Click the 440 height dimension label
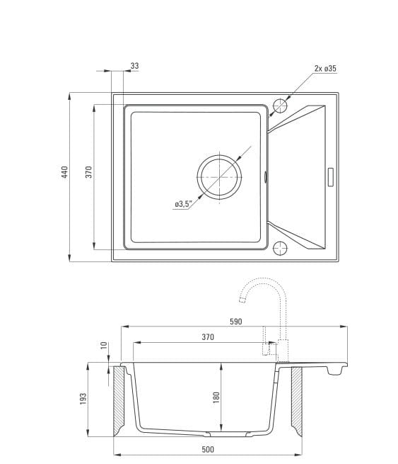64,172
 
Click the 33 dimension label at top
134,66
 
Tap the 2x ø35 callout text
325,68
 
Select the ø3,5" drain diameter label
183,204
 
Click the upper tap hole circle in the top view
280,106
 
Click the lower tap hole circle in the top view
280,248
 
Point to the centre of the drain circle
219,177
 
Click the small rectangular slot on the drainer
330,177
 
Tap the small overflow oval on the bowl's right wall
265,176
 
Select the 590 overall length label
236,322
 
